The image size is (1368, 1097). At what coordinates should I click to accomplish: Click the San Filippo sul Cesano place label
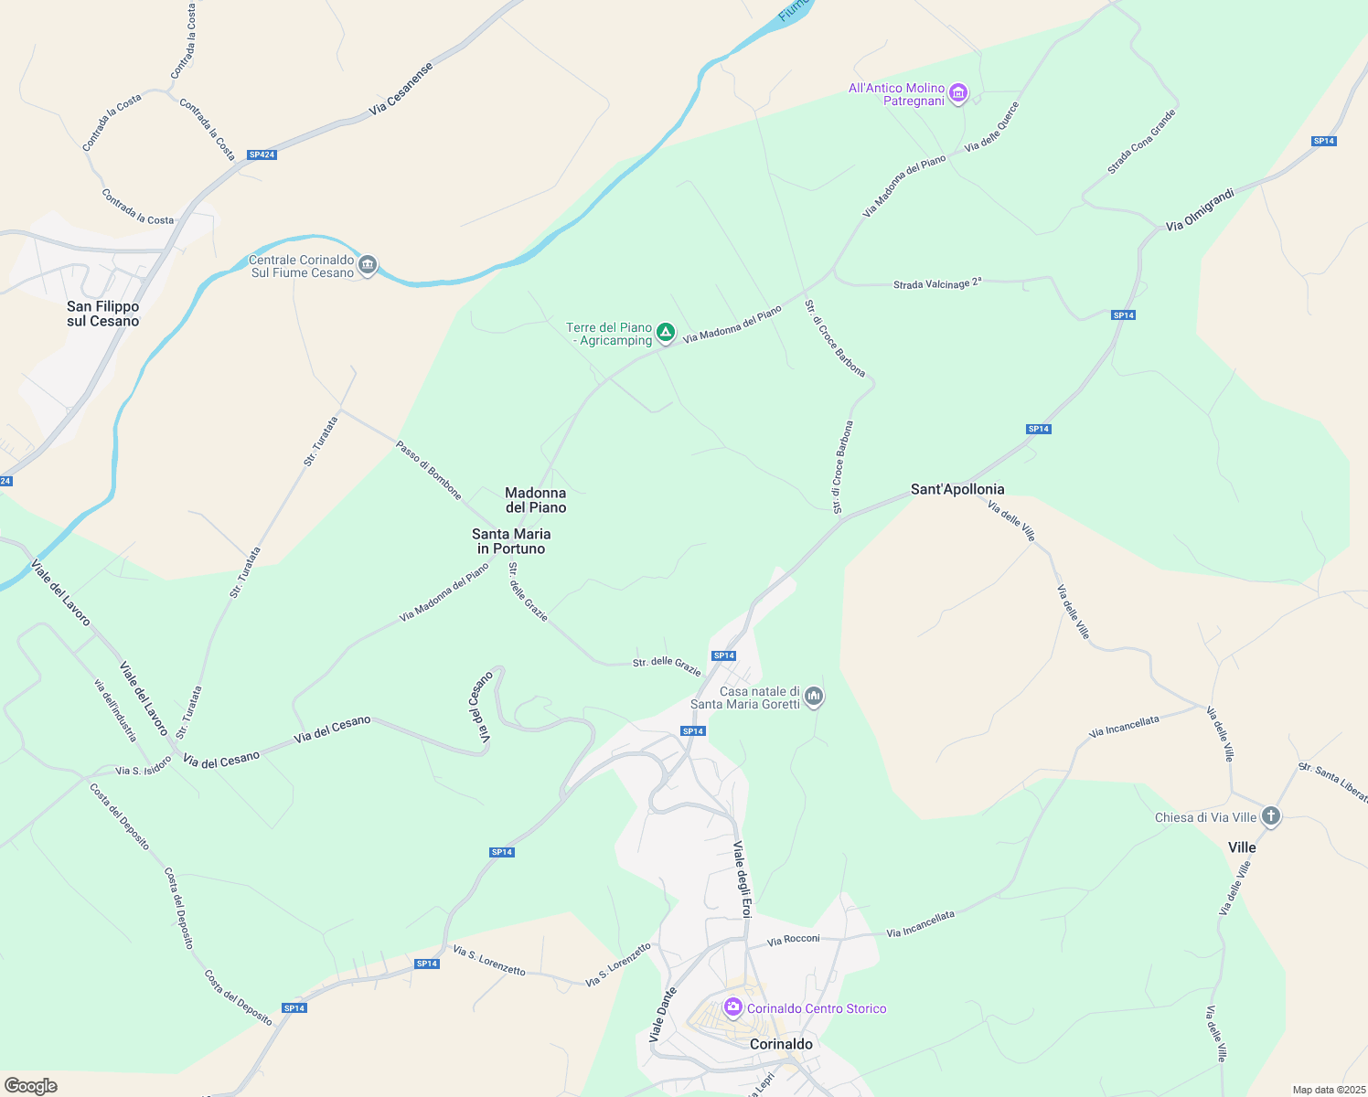tap(103, 314)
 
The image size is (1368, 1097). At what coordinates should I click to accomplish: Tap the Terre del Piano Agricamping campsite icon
tap(666, 334)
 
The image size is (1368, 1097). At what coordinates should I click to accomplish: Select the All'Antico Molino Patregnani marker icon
tap(958, 93)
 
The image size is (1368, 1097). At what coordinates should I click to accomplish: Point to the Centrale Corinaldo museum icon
tap(368, 266)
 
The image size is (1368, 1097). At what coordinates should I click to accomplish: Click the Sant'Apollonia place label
tap(957, 489)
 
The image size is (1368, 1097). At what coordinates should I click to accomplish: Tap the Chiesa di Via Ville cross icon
tap(1270, 816)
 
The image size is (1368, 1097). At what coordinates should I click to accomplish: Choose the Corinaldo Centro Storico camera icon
tap(732, 1007)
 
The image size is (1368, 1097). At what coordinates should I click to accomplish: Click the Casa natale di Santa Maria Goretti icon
tap(814, 698)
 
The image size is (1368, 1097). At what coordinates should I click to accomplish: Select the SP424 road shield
tap(262, 154)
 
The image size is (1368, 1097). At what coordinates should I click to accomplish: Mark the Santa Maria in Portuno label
tap(511, 541)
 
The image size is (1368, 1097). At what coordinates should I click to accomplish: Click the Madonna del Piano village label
tap(536, 500)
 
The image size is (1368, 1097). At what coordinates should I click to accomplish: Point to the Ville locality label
tap(1242, 847)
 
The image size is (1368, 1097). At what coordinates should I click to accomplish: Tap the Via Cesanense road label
tap(401, 89)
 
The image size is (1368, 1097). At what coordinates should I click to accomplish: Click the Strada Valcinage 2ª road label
tap(937, 284)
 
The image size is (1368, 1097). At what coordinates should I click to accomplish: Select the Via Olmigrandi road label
tap(1201, 209)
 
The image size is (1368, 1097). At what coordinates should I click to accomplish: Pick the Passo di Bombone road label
tap(429, 470)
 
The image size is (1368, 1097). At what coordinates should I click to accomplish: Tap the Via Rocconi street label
tap(794, 939)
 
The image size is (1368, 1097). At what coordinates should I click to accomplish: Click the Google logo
tap(31, 1086)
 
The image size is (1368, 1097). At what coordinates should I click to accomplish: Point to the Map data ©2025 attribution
tap(1329, 1090)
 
